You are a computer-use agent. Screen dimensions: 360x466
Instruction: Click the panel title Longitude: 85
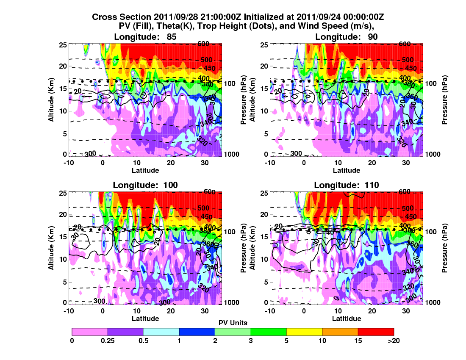[x=145, y=37]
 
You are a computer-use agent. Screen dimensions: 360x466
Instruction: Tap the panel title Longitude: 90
[x=347, y=37]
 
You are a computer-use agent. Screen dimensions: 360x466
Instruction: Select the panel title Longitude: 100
[x=145, y=185]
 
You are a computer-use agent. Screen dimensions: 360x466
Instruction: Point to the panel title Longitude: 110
[x=347, y=185]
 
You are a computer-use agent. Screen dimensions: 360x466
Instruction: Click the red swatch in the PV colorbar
[x=376, y=332]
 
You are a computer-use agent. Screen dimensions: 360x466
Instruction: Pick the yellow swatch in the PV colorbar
[x=304, y=332]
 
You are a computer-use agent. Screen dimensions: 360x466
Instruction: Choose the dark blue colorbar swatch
[x=197, y=332]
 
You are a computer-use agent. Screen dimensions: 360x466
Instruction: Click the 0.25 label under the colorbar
[x=108, y=340]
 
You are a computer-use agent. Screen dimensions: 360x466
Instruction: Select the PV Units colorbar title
[x=233, y=323]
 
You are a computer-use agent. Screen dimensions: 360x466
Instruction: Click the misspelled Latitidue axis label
[x=347, y=318]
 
